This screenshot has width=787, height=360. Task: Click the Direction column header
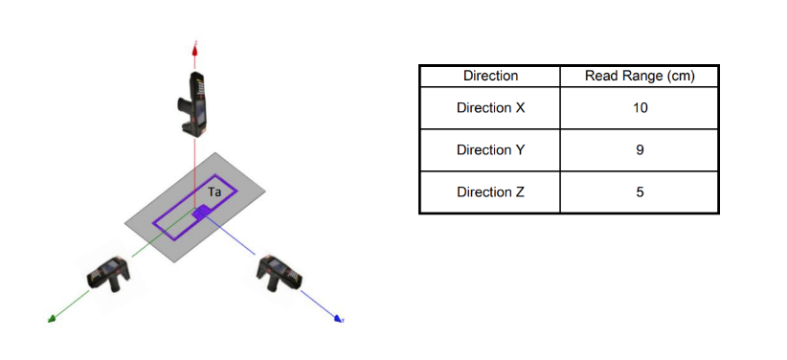(490, 77)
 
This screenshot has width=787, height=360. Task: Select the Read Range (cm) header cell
(640, 77)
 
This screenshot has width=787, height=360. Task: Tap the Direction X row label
(490, 108)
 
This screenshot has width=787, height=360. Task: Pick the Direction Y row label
(490, 150)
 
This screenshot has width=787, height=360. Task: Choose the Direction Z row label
(490, 192)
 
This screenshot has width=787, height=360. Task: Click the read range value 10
(640, 108)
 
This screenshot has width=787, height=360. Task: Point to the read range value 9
(640, 150)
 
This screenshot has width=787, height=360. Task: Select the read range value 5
(640, 192)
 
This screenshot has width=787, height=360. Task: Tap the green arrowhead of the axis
(51, 320)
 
